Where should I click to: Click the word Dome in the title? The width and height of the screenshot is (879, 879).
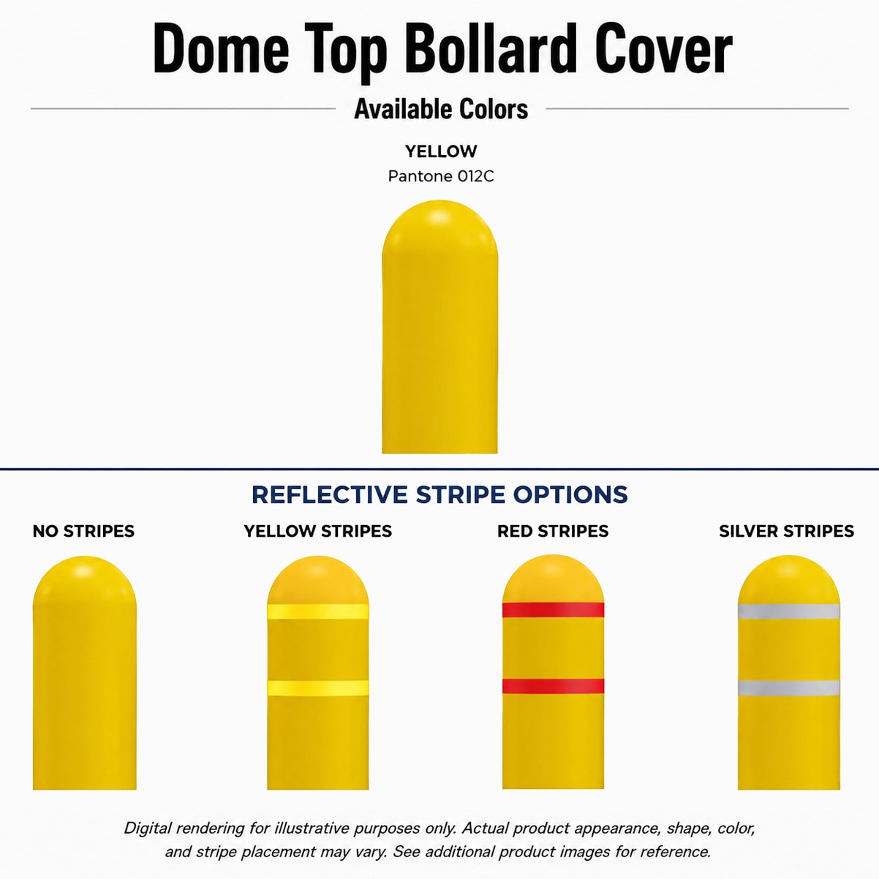[x=221, y=49]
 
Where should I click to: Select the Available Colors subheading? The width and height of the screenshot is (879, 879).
[x=441, y=109]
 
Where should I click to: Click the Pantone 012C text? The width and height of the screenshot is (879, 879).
[x=441, y=176]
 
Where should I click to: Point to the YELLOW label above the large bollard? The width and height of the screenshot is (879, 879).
[x=441, y=151]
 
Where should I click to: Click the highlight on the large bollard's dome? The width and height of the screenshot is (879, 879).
[x=439, y=216]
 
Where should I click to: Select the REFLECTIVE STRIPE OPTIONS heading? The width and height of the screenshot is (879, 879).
[x=439, y=494]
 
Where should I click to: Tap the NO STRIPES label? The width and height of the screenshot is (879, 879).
[x=83, y=531]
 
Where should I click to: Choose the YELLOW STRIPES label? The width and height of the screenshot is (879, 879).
[x=317, y=531]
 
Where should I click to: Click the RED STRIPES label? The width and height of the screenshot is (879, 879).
[x=553, y=531]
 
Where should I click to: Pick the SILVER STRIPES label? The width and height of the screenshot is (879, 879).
[x=786, y=531]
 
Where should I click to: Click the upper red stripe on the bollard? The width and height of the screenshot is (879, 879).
[x=553, y=610]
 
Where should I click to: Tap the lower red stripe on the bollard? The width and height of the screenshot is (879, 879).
[x=553, y=686]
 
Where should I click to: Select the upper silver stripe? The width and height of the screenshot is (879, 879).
[x=788, y=611]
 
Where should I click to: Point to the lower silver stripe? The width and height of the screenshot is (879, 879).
[x=788, y=687]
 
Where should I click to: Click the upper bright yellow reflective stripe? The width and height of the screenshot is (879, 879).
[x=318, y=611]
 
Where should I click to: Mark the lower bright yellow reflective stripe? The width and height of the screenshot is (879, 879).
[x=318, y=688]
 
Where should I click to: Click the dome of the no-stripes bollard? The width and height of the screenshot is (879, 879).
[x=84, y=581]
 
